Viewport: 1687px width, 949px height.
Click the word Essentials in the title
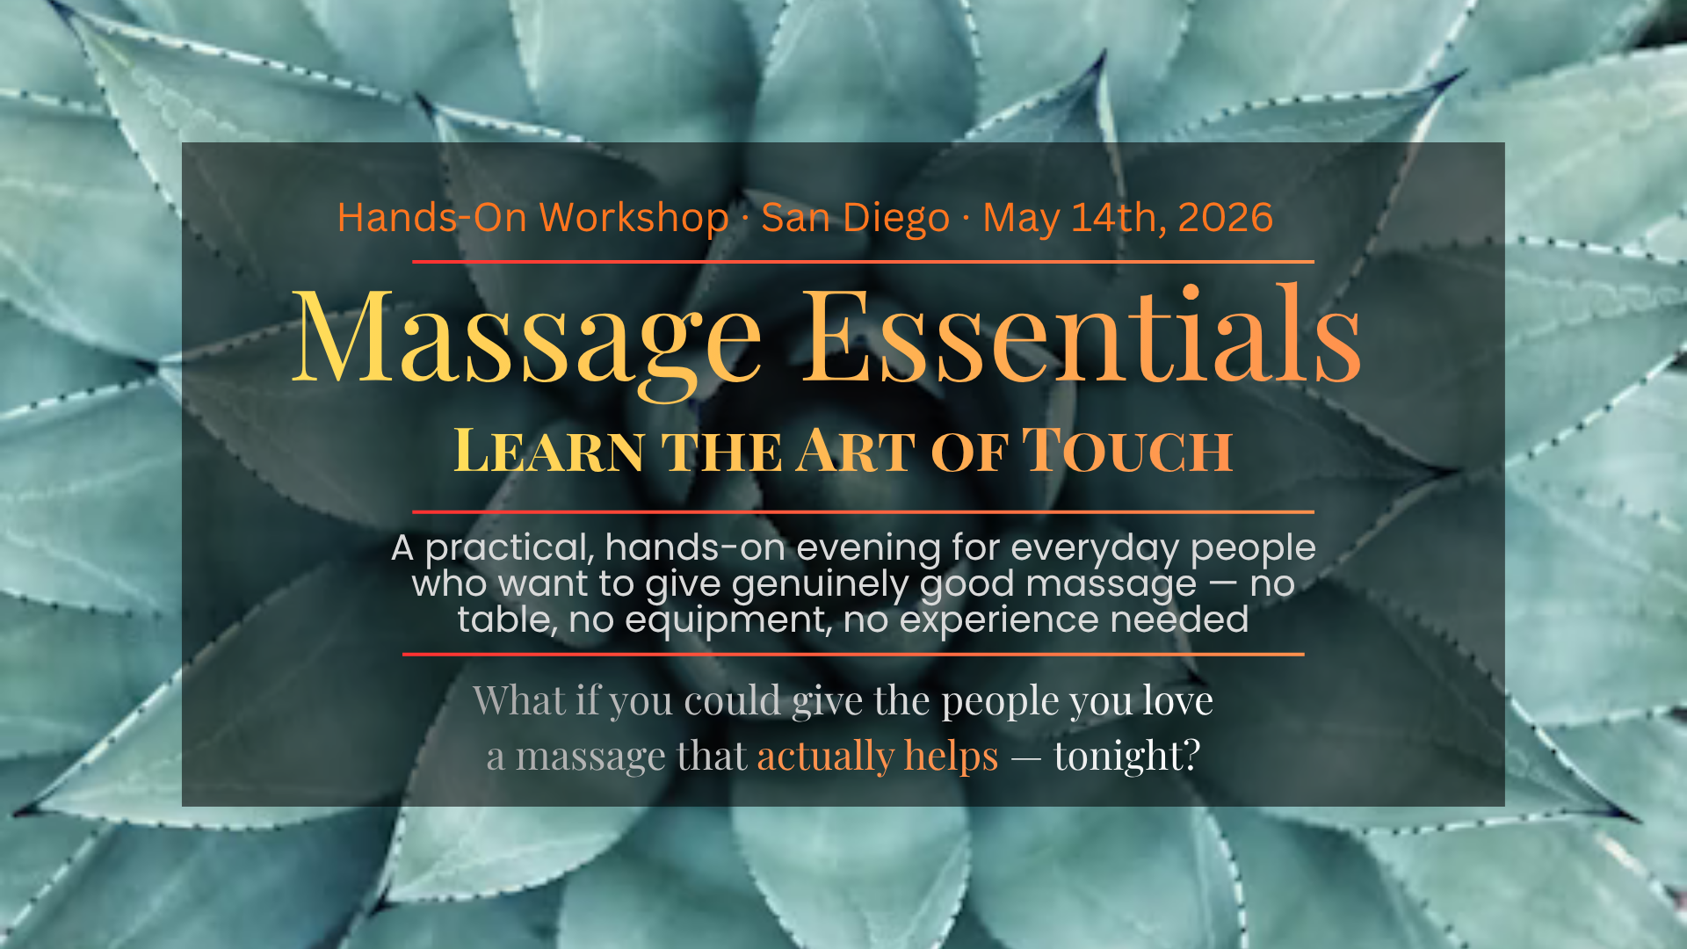(x=1082, y=334)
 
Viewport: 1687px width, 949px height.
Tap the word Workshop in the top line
(x=634, y=217)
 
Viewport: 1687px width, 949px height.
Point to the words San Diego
(x=855, y=218)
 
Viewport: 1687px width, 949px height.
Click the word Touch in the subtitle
(x=1127, y=450)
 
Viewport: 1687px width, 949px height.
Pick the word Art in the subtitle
(x=857, y=450)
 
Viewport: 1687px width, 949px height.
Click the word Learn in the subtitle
(x=549, y=450)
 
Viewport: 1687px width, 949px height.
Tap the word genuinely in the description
(x=821, y=585)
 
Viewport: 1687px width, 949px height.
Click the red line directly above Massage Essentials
(x=863, y=261)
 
